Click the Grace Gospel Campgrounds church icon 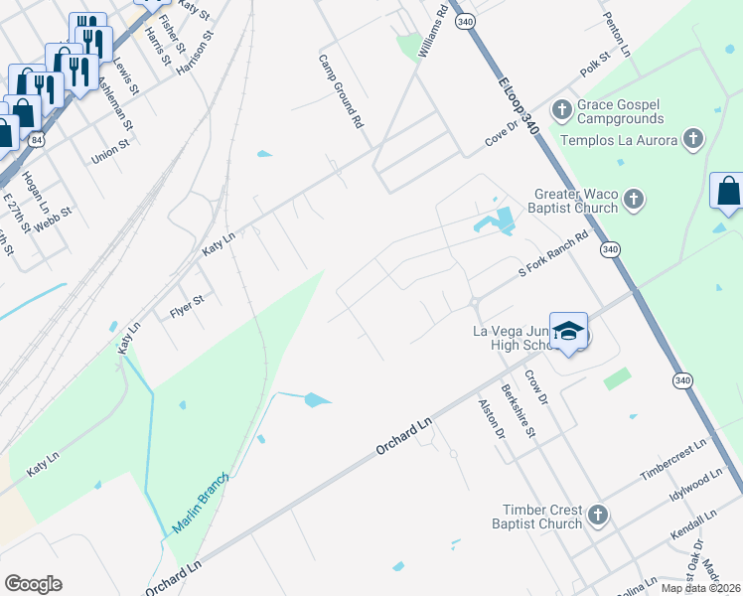562,108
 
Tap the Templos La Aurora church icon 693,139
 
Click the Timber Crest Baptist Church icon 597,515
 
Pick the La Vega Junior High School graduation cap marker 569,333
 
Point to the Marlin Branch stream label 201,504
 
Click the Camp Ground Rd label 341,91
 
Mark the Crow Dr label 536,386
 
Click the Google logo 33,583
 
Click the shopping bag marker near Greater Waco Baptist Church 727,192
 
